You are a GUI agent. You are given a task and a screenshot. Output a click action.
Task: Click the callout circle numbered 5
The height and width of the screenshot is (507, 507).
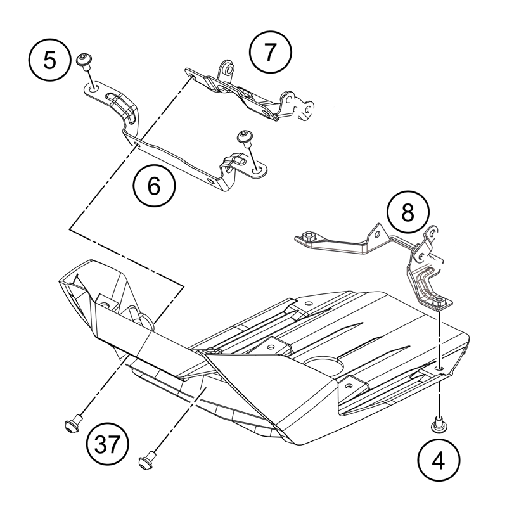pyautogui.click(x=49, y=61)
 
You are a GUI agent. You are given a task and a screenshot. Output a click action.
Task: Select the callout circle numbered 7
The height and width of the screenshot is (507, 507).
pyautogui.click(x=270, y=53)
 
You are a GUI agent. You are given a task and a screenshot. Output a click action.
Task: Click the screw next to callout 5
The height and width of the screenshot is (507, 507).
pyautogui.click(x=83, y=60)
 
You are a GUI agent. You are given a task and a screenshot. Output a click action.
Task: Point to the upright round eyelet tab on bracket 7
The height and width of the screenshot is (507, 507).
pyautogui.click(x=227, y=68)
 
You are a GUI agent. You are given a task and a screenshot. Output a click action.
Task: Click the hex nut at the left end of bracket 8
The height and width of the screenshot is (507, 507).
pyautogui.click(x=309, y=236)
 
